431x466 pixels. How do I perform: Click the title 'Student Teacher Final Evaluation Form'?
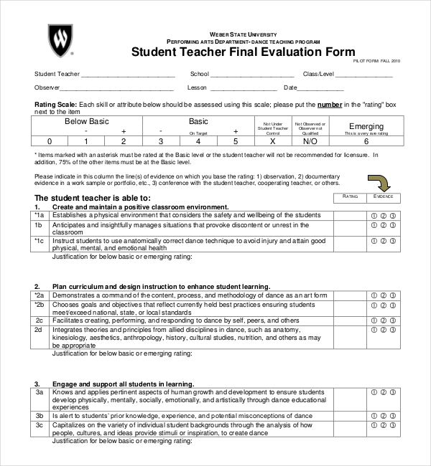[243, 52]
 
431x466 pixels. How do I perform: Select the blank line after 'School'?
[253, 74]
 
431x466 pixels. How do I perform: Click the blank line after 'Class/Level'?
[366, 74]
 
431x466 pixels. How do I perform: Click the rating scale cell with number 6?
[366, 141]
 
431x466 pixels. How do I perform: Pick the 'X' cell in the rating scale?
[272, 141]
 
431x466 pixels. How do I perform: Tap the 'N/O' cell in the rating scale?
[310, 141]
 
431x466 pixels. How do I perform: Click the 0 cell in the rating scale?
[50, 141]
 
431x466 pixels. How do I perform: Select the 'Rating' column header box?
[350, 196]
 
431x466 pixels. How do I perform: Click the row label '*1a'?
[40, 215]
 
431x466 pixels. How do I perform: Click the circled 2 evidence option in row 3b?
[383, 416]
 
